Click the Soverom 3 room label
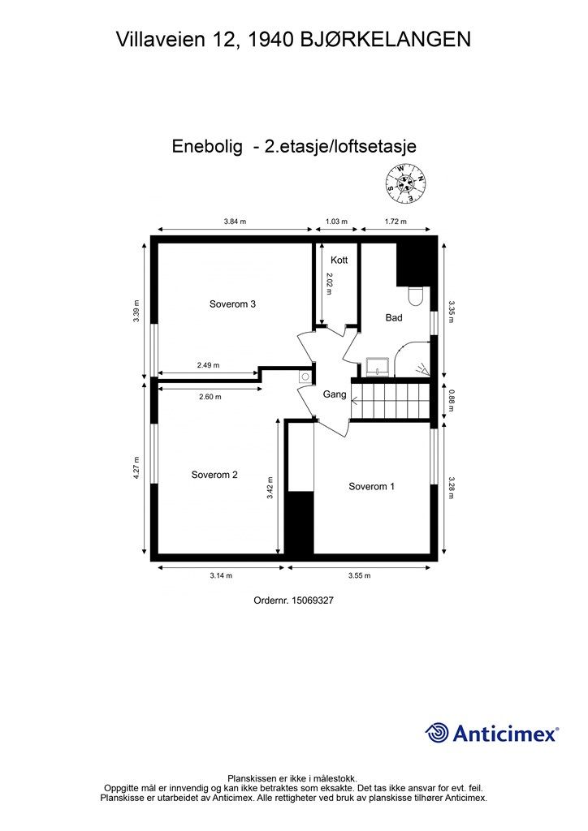pyautogui.click(x=232, y=304)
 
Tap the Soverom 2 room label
pyautogui.click(x=214, y=475)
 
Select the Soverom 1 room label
pyautogui.click(x=371, y=486)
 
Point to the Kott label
pyautogui.click(x=339, y=260)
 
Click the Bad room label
pyautogui.click(x=394, y=317)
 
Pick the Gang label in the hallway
pyautogui.click(x=335, y=394)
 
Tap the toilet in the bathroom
pyautogui.click(x=416, y=296)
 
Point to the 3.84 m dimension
pyautogui.click(x=235, y=221)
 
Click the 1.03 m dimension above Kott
pyautogui.click(x=336, y=221)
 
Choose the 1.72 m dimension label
pyautogui.click(x=395, y=221)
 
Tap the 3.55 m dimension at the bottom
pyautogui.click(x=359, y=575)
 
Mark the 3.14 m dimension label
pyautogui.click(x=220, y=575)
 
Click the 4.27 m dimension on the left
pyautogui.click(x=138, y=470)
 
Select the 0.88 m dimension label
pyautogui.click(x=452, y=399)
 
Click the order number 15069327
pyautogui.click(x=294, y=601)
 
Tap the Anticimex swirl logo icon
pyautogui.click(x=438, y=733)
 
